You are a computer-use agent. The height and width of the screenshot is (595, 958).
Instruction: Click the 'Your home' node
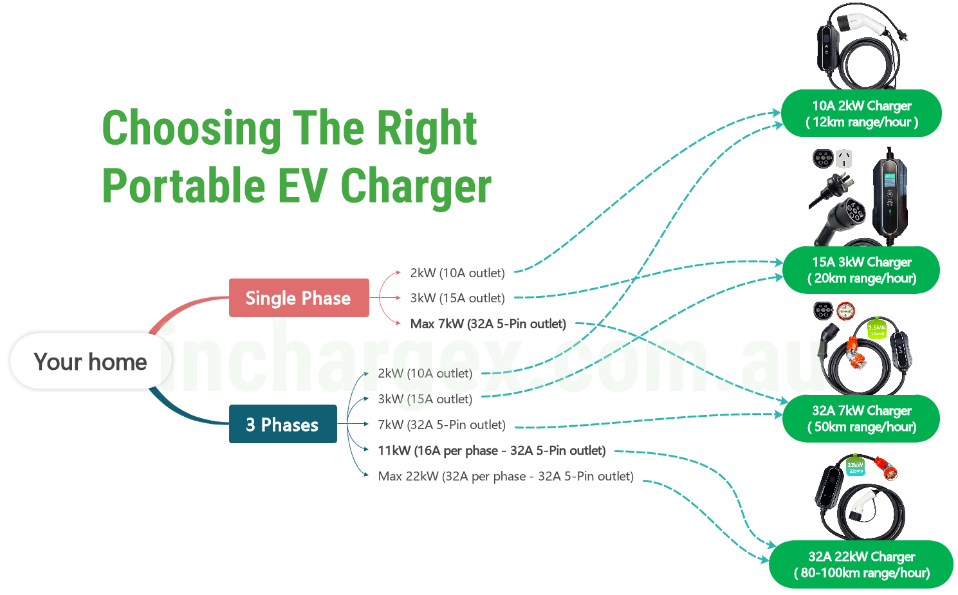pos(91,362)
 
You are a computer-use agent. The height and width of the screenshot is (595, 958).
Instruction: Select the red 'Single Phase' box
pos(299,298)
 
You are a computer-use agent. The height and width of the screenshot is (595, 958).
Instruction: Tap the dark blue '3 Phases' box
pos(282,424)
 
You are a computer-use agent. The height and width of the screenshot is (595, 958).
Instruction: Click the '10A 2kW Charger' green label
pos(861,113)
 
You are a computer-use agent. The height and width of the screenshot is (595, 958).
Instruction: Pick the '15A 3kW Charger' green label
pos(861,270)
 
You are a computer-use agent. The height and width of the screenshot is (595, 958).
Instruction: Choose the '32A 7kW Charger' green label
pos(861,419)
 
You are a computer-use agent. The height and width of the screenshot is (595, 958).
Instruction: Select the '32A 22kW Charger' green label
pos(861,565)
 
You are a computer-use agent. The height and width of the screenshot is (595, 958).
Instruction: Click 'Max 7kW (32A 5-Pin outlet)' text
pos(488,324)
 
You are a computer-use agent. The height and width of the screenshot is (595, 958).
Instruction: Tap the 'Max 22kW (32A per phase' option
pos(452,476)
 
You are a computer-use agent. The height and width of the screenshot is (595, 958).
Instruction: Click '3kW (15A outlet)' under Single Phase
pos(457,298)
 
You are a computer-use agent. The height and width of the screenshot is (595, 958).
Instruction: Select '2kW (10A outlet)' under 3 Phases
pos(425,374)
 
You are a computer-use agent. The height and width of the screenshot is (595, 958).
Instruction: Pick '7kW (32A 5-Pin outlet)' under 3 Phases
pos(442,425)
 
